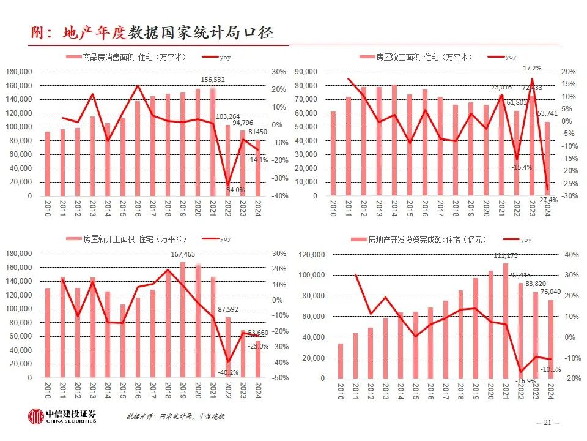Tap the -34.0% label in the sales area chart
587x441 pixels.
tap(234, 190)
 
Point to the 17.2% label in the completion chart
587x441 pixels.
tap(531, 68)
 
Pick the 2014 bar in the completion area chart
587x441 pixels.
tap(393, 140)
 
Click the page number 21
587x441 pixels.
tap(547, 423)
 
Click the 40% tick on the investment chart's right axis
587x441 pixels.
tap(570, 254)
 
